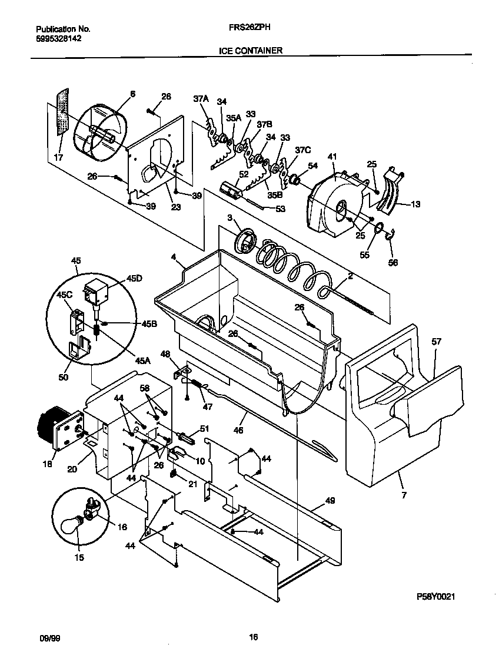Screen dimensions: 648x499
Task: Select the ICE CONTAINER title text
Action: point(250,51)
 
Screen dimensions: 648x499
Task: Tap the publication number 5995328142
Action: point(59,38)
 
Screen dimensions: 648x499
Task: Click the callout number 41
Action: point(332,157)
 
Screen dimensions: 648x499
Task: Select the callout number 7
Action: point(404,495)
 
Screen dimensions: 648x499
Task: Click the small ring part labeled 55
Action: point(380,228)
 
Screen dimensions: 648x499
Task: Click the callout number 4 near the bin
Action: point(174,256)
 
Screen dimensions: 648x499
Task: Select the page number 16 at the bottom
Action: point(253,637)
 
